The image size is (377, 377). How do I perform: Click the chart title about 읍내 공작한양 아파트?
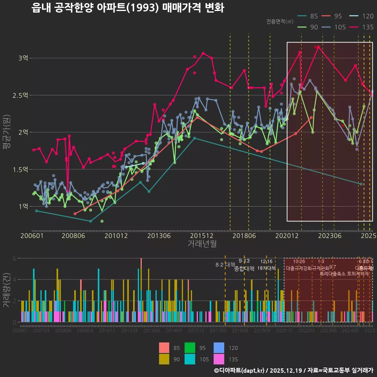(x=128, y=8)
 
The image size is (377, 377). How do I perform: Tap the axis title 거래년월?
(x=202, y=244)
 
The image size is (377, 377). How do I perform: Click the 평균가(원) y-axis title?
(x=7, y=132)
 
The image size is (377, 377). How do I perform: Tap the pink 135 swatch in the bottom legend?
(x=219, y=359)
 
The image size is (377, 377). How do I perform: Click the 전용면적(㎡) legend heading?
(x=280, y=22)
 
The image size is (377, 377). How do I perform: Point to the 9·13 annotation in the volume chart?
(x=244, y=261)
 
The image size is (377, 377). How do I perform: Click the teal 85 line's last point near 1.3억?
(x=361, y=184)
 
